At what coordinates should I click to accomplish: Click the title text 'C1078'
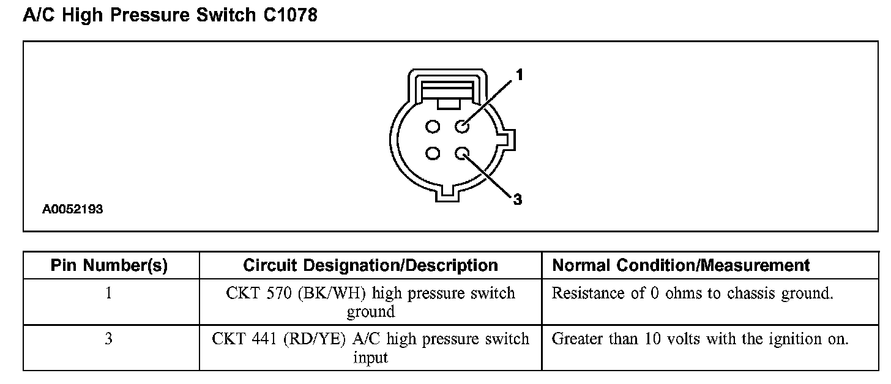[290, 15]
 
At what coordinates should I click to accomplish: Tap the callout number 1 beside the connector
[519, 75]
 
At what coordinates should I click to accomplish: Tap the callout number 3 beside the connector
[517, 199]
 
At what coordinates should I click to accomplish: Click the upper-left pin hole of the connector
[433, 127]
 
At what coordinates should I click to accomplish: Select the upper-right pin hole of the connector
[462, 127]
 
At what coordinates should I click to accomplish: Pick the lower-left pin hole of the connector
[433, 153]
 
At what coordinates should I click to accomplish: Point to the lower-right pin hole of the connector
[462, 153]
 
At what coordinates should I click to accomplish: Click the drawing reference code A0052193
[72, 210]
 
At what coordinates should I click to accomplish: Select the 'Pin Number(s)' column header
[109, 265]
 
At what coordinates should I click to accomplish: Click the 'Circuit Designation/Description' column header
[370, 265]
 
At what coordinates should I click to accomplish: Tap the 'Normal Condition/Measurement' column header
[681, 265]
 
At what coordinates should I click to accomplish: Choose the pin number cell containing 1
[109, 294]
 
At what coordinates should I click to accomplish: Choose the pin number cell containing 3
[109, 339]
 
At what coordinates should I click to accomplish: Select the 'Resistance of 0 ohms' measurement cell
[693, 294]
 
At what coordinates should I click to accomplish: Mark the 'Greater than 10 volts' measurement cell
[700, 339]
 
